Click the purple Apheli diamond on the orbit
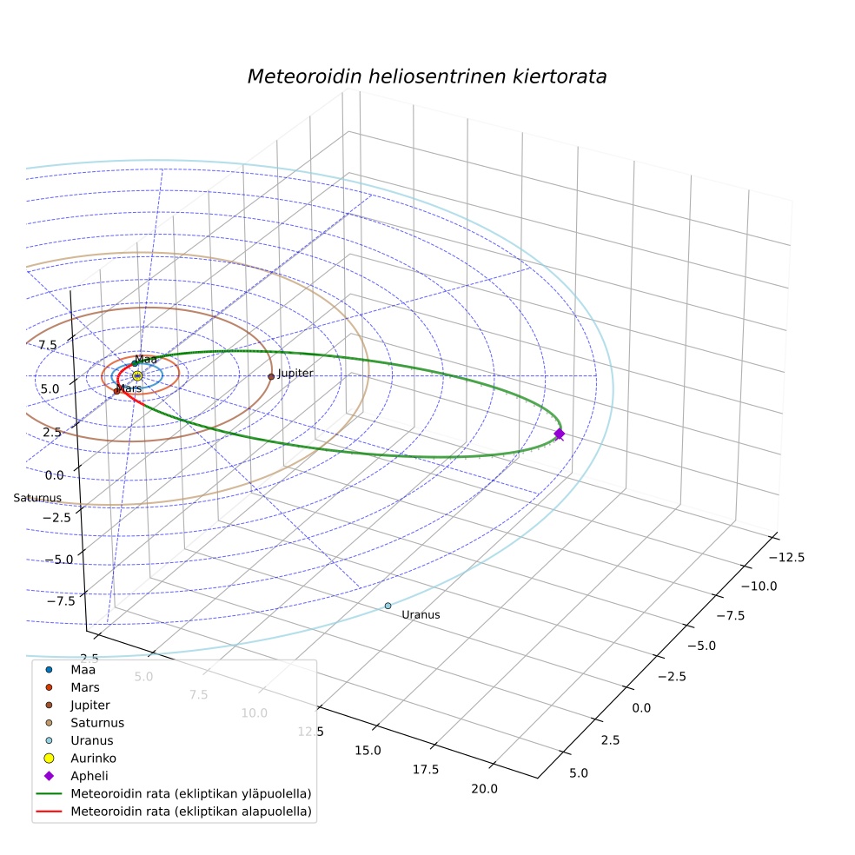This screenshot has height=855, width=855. click(x=559, y=434)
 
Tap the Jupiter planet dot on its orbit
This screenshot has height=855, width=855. click(x=271, y=376)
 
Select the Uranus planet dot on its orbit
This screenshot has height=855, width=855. click(x=388, y=606)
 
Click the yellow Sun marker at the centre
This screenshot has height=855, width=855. click(x=137, y=375)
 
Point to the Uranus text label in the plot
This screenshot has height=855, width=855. click(x=421, y=614)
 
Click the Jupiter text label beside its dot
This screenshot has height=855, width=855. click(x=295, y=373)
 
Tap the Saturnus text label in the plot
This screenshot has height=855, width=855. click(x=37, y=498)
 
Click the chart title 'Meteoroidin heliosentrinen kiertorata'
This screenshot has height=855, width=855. click(x=427, y=76)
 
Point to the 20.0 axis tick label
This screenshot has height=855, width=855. click(x=484, y=788)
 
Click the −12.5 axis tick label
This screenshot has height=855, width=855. click(x=786, y=557)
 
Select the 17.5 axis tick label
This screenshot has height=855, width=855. click(x=425, y=769)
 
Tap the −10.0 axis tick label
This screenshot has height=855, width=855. click(x=759, y=587)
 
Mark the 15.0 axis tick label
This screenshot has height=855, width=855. click(x=368, y=751)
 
